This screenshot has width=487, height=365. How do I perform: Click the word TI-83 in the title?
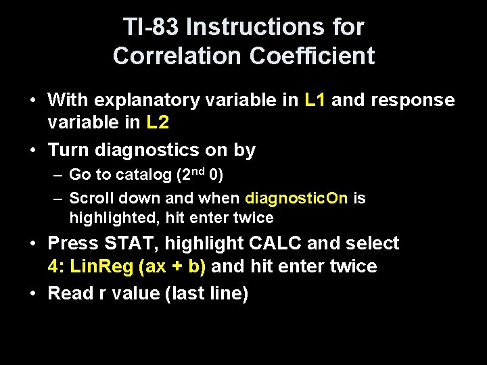151,27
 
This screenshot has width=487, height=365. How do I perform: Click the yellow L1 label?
316,101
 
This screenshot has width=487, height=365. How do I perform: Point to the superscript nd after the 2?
198,170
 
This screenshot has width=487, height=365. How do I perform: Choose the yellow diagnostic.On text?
297,199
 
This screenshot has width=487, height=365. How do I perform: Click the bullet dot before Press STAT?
33,243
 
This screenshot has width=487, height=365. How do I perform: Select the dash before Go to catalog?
58,175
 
